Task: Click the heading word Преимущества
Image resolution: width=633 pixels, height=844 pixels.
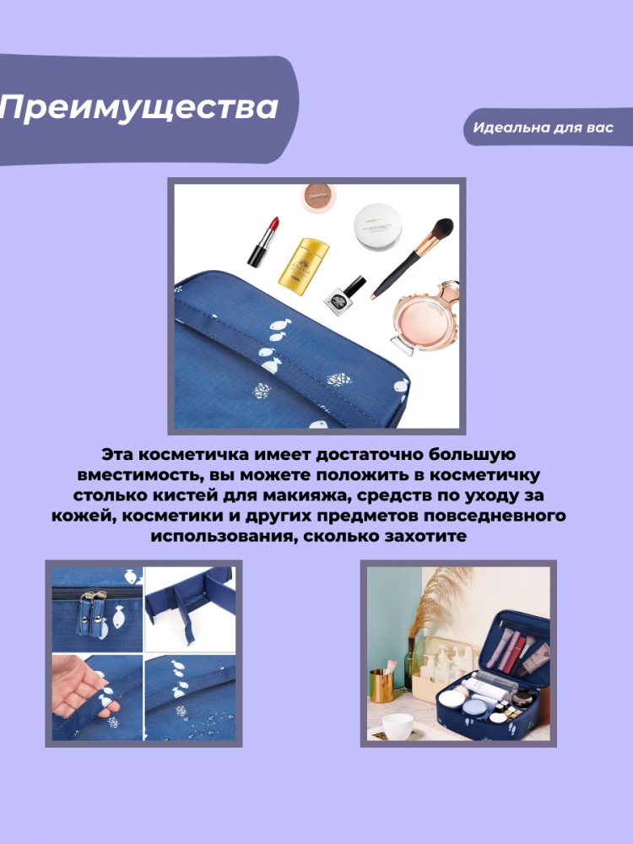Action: (x=139, y=108)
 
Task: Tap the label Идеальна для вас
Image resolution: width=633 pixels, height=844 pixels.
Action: (x=543, y=127)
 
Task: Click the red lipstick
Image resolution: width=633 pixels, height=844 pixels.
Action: (x=263, y=241)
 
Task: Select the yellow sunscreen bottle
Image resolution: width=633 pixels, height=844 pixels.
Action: (x=303, y=266)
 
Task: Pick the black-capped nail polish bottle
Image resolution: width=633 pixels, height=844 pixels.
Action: (x=345, y=295)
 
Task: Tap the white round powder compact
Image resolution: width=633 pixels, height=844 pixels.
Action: (x=377, y=226)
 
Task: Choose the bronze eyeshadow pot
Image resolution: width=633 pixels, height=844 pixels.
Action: (x=317, y=197)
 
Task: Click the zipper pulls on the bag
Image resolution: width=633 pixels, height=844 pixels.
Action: (x=90, y=613)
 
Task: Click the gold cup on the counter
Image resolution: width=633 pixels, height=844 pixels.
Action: (x=381, y=685)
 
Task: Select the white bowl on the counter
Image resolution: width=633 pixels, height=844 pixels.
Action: (x=398, y=725)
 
